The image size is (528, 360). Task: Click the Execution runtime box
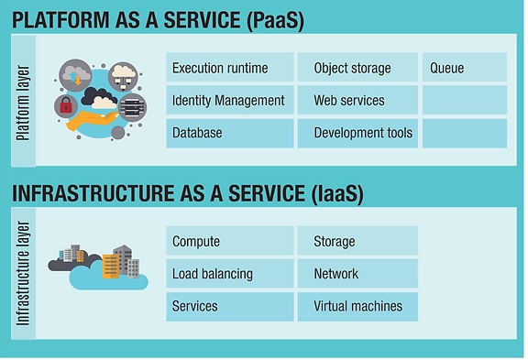click(230, 67)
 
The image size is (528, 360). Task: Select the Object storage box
click(357, 67)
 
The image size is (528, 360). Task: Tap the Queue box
click(465, 67)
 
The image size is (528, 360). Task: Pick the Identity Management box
click(230, 100)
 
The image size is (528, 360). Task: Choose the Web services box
click(357, 100)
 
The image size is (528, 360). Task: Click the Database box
click(230, 133)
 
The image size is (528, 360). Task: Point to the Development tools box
click(357, 133)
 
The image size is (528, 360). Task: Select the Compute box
click(230, 241)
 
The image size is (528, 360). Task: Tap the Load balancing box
click(230, 273)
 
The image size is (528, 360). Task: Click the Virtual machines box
click(357, 307)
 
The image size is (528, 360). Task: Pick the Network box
click(357, 273)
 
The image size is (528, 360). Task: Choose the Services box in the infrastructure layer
click(230, 307)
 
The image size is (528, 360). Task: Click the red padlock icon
click(66, 105)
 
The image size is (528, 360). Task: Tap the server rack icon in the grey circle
click(133, 107)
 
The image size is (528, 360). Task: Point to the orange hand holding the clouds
click(90, 120)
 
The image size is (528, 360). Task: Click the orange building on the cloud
click(111, 267)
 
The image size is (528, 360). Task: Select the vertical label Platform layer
click(23, 103)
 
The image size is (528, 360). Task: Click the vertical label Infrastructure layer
click(23, 273)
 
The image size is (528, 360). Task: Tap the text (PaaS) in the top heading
click(275, 21)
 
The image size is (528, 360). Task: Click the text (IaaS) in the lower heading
click(337, 194)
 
